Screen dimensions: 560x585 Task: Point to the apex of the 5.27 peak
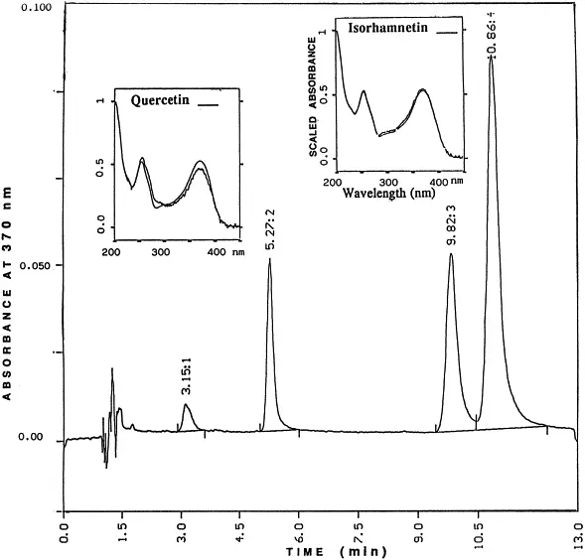coord(269,261)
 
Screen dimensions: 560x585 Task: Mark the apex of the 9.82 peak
coord(451,254)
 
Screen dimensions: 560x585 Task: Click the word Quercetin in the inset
coord(162,100)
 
